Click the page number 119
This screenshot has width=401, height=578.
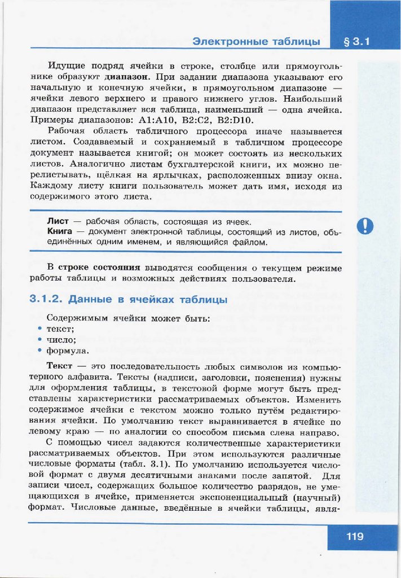click(355, 536)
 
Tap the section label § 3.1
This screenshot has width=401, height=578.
click(356, 41)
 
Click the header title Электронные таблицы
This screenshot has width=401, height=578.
click(256, 41)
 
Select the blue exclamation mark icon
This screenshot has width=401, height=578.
click(365, 226)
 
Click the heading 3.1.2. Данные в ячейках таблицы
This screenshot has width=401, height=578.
click(128, 299)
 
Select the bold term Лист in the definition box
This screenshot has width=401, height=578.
click(57, 221)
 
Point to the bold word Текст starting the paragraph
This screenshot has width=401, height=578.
click(59, 366)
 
